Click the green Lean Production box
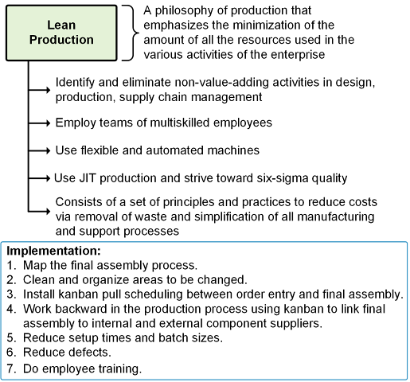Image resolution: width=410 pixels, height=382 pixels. point(61,33)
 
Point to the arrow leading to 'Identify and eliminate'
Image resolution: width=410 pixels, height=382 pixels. point(39,90)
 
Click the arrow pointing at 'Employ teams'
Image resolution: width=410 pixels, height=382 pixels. point(39,123)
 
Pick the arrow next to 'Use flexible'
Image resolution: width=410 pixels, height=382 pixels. point(39,150)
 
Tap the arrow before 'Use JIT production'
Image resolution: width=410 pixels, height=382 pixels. point(39,178)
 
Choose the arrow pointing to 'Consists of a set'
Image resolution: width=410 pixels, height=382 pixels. point(39,212)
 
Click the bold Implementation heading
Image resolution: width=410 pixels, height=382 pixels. point(53,251)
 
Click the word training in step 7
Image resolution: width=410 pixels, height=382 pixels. point(119,369)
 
